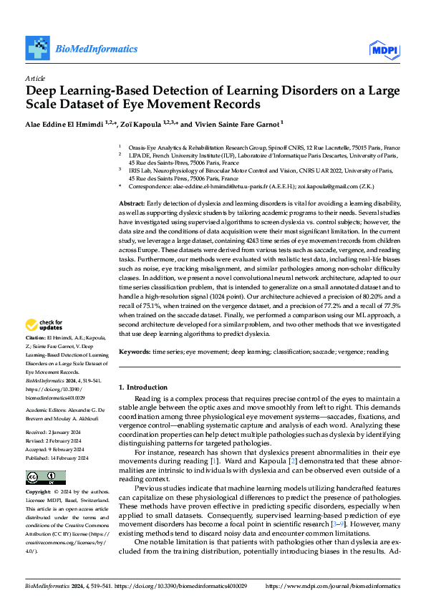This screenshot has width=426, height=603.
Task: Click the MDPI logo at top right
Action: (x=383, y=49)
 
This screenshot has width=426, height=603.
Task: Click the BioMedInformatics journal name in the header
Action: (x=96, y=49)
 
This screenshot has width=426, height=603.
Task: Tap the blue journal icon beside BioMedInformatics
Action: (x=39, y=48)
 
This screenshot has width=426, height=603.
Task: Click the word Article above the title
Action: (x=35, y=77)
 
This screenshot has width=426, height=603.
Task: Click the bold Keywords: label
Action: (x=135, y=352)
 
